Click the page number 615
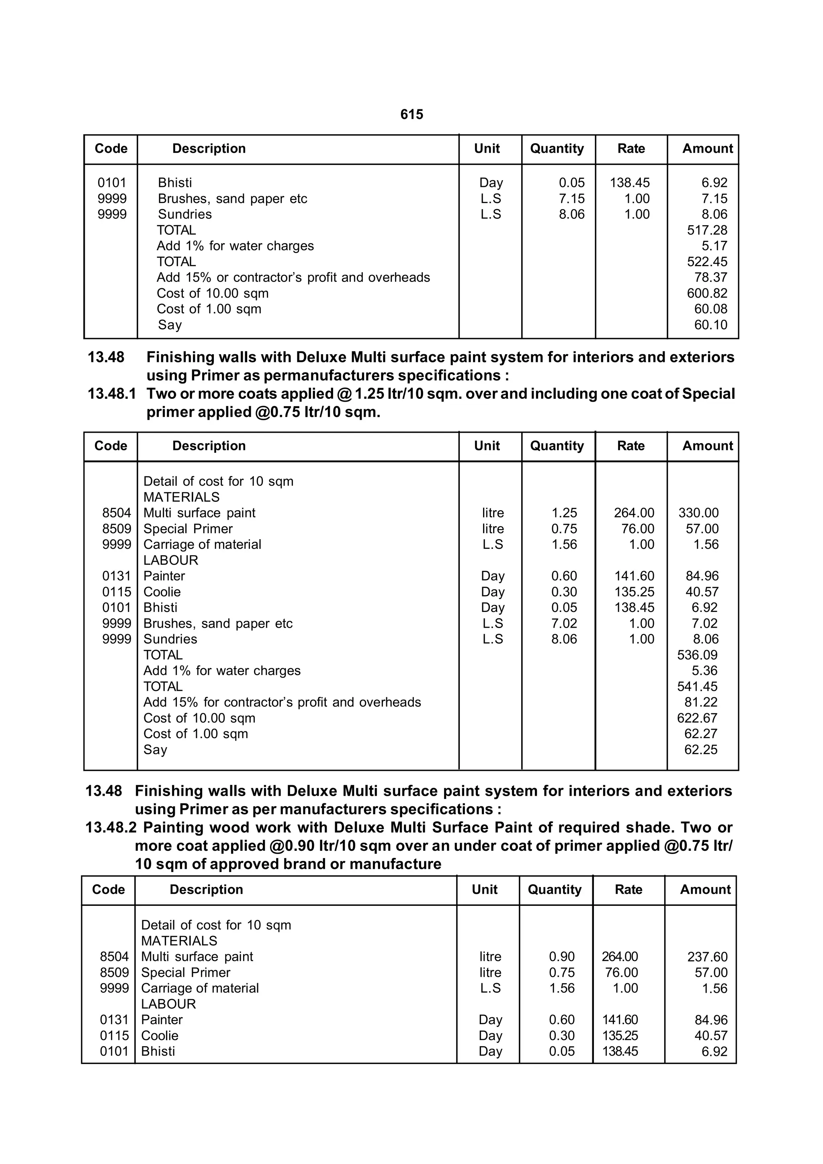click(411, 115)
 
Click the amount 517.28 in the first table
click(707, 230)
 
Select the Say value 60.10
click(710, 325)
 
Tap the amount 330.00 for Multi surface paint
click(698, 513)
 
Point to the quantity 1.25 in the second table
click(564, 513)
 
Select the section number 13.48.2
click(111, 828)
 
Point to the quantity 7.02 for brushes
click(564, 624)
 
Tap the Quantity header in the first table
click(557, 148)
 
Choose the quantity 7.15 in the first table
click(572, 199)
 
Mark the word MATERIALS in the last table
click(179, 941)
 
